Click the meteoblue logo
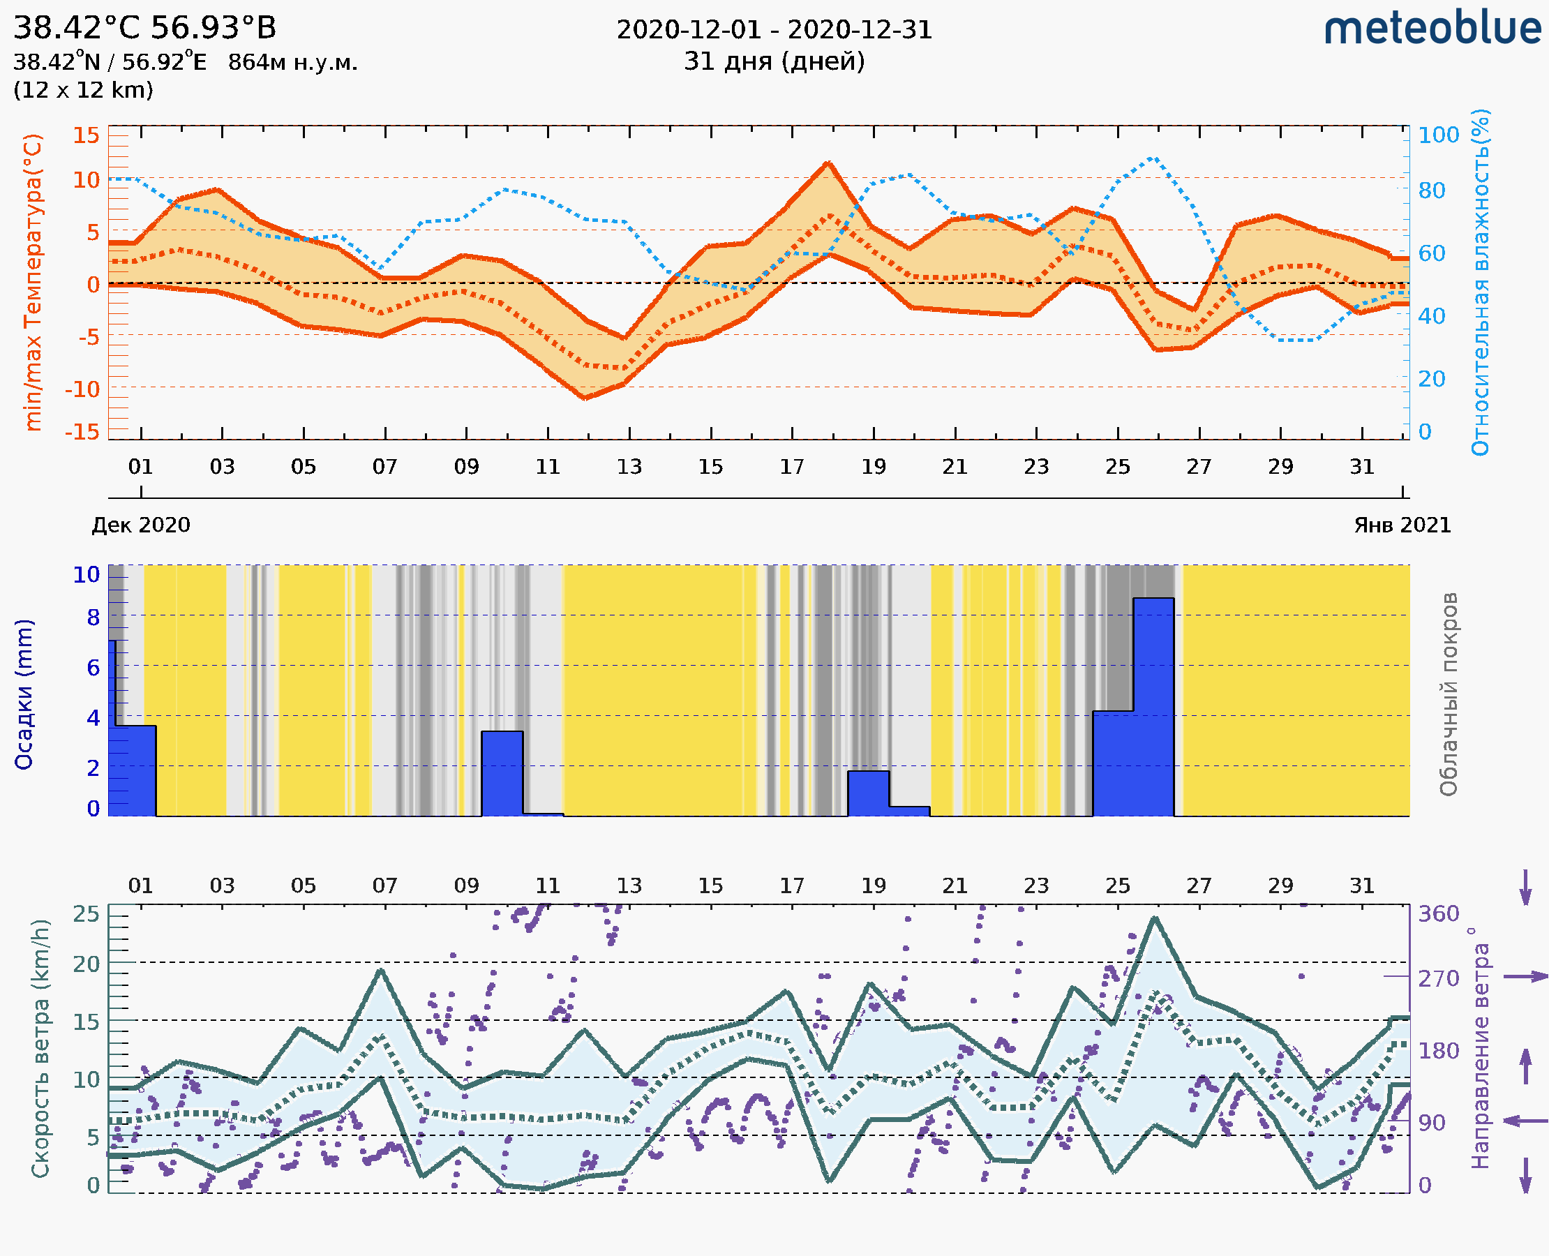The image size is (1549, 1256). pyautogui.click(x=1432, y=29)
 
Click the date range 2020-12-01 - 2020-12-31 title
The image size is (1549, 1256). pyautogui.click(x=774, y=30)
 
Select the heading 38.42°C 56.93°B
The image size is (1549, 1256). pyautogui.click(x=144, y=28)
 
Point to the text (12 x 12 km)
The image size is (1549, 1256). pyautogui.click(x=83, y=91)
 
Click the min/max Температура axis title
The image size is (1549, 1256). pyautogui.click(x=33, y=282)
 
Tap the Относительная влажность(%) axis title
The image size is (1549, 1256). pyautogui.click(x=1480, y=282)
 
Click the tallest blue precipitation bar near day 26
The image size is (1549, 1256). pyautogui.click(x=1153, y=705)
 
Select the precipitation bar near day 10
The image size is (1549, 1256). pyautogui.click(x=502, y=772)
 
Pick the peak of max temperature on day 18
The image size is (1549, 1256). pyautogui.click(x=828, y=163)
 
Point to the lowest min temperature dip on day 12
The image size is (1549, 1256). pyautogui.click(x=585, y=397)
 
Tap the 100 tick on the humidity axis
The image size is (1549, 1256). pyautogui.click(x=1438, y=135)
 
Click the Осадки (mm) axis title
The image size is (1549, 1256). pyautogui.click(x=24, y=694)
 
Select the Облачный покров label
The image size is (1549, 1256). pyautogui.click(x=1449, y=694)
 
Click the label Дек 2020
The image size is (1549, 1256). pyautogui.click(x=141, y=525)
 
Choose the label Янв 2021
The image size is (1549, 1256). pyautogui.click(x=1402, y=525)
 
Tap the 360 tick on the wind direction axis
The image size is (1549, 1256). pyautogui.click(x=1438, y=914)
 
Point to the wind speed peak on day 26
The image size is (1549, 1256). pyautogui.click(x=1155, y=918)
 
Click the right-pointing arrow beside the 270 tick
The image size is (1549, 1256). pyautogui.click(x=1525, y=977)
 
